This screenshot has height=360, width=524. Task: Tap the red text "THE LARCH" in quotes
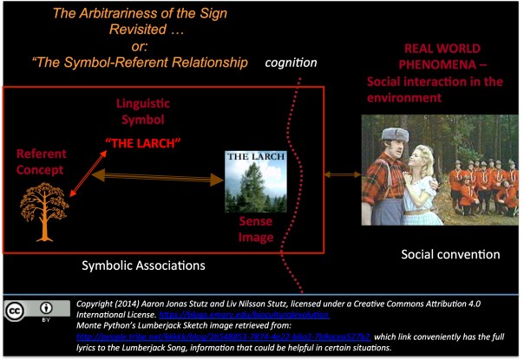[x=140, y=142]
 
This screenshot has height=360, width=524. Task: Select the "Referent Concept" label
[x=42, y=160]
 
